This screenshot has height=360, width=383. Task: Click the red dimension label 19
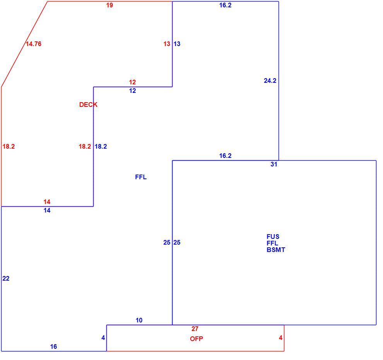(109, 5)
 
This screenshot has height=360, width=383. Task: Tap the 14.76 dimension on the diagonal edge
(33, 44)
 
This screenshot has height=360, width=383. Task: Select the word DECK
(88, 105)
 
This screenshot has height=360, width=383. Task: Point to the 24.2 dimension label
(270, 81)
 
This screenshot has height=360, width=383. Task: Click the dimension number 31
(274, 164)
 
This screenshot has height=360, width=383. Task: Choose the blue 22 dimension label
(6, 278)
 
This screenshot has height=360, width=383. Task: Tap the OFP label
(197, 339)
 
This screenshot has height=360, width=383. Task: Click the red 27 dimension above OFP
(195, 329)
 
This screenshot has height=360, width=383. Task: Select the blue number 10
(139, 320)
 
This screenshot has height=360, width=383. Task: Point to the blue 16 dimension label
(53, 346)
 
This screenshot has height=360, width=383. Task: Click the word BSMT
(276, 250)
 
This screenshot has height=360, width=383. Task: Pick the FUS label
(273, 237)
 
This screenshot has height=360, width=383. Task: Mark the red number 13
(167, 44)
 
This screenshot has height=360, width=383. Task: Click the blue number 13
(177, 44)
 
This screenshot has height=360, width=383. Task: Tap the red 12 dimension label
(132, 82)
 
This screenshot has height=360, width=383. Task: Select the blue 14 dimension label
(47, 210)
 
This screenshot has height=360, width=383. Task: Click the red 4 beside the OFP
(280, 338)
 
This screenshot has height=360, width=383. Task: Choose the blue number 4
(103, 338)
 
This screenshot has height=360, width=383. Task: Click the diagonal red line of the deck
(24, 44)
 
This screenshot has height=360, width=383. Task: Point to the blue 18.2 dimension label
(101, 146)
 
